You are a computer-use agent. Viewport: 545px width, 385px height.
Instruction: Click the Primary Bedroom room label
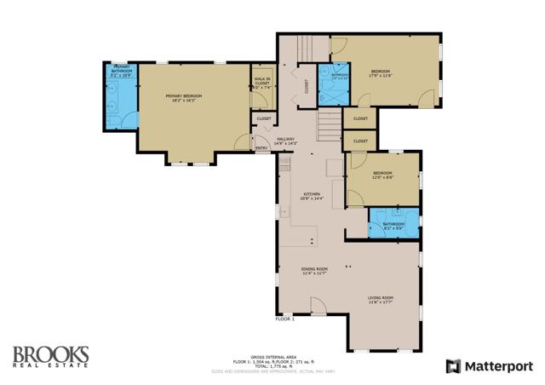[x=183, y=98]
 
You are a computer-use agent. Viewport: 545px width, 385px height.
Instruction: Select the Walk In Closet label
[x=261, y=83]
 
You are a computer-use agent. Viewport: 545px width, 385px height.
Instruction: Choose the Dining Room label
[x=314, y=271]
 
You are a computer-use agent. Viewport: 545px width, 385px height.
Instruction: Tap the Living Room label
[x=381, y=299]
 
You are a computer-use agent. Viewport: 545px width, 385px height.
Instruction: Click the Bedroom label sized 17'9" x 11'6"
[x=380, y=72]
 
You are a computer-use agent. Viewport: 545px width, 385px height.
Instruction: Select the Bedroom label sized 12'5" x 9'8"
[x=381, y=175]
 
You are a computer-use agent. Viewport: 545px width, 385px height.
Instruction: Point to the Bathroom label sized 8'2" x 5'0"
[x=393, y=226]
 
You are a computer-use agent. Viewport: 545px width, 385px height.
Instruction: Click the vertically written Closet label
[x=306, y=86]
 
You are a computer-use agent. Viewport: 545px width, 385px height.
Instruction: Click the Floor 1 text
[x=284, y=319]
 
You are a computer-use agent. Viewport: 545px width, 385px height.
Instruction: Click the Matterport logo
[x=490, y=365]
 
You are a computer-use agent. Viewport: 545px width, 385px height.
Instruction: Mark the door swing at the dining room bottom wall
[x=318, y=307]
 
